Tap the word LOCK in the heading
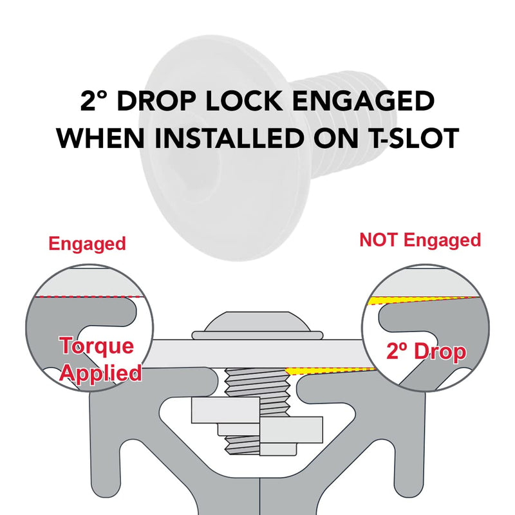click(x=244, y=101)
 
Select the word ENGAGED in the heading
click(x=363, y=101)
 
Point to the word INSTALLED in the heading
click(x=229, y=138)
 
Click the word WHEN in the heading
click(x=100, y=138)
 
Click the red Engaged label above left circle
click(x=88, y=245)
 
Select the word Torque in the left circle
click(x=97, y=346)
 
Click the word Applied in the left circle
click(x=101, y=373)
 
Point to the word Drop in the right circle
click(x=440, y=352)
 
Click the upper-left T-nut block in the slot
click(x=225, y=411)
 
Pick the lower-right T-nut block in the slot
click(x=291, y=429)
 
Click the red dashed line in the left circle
click(x=89, y=297)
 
